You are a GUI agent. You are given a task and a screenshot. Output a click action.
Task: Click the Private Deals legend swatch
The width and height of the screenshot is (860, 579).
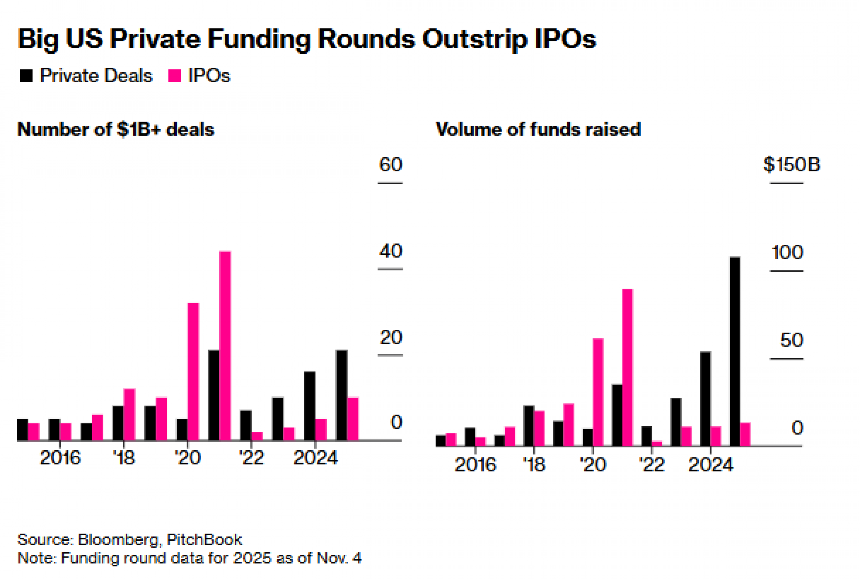pos(26,76)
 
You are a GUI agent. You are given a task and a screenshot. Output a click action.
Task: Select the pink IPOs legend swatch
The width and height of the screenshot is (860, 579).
pos(175,76)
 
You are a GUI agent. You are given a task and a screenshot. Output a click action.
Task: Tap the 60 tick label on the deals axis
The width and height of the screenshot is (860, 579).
pos(390,165)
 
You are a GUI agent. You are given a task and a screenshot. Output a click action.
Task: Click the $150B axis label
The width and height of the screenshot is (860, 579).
pos(791,165)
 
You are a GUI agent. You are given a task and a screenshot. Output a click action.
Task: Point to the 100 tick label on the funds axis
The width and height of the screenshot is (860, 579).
pos(787,252)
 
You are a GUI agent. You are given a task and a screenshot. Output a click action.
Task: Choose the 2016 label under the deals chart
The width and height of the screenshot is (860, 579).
pos(60,458)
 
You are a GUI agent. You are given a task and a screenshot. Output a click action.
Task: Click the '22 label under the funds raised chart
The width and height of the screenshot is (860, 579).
pos(651,465)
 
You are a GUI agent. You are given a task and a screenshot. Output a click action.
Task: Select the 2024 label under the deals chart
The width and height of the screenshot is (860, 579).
pos(315,458)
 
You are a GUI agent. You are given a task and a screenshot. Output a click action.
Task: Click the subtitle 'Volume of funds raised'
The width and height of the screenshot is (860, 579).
pos(538,130)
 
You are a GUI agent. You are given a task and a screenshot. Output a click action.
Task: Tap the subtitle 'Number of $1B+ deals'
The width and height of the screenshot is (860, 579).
pos(116,130)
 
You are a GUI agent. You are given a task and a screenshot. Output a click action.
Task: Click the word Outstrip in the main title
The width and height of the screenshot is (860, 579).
pos(474,39)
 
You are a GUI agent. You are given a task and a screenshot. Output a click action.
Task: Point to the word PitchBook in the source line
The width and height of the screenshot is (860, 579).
pos(204,539)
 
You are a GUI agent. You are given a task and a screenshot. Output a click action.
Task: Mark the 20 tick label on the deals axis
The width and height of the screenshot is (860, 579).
pos(390,337)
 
